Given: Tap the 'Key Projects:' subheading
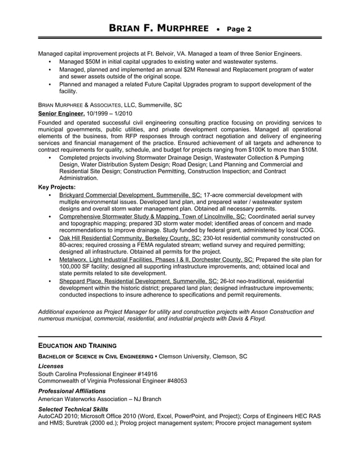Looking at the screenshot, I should pyautogui.click(x=56, y=186).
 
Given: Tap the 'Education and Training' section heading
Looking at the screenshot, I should pyautogui.click(x=77, y=345).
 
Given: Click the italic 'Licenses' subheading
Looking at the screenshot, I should pyautogui.click(x=50, y=366).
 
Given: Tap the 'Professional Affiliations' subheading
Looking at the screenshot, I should pyautogui.click(x=71, y=390).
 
